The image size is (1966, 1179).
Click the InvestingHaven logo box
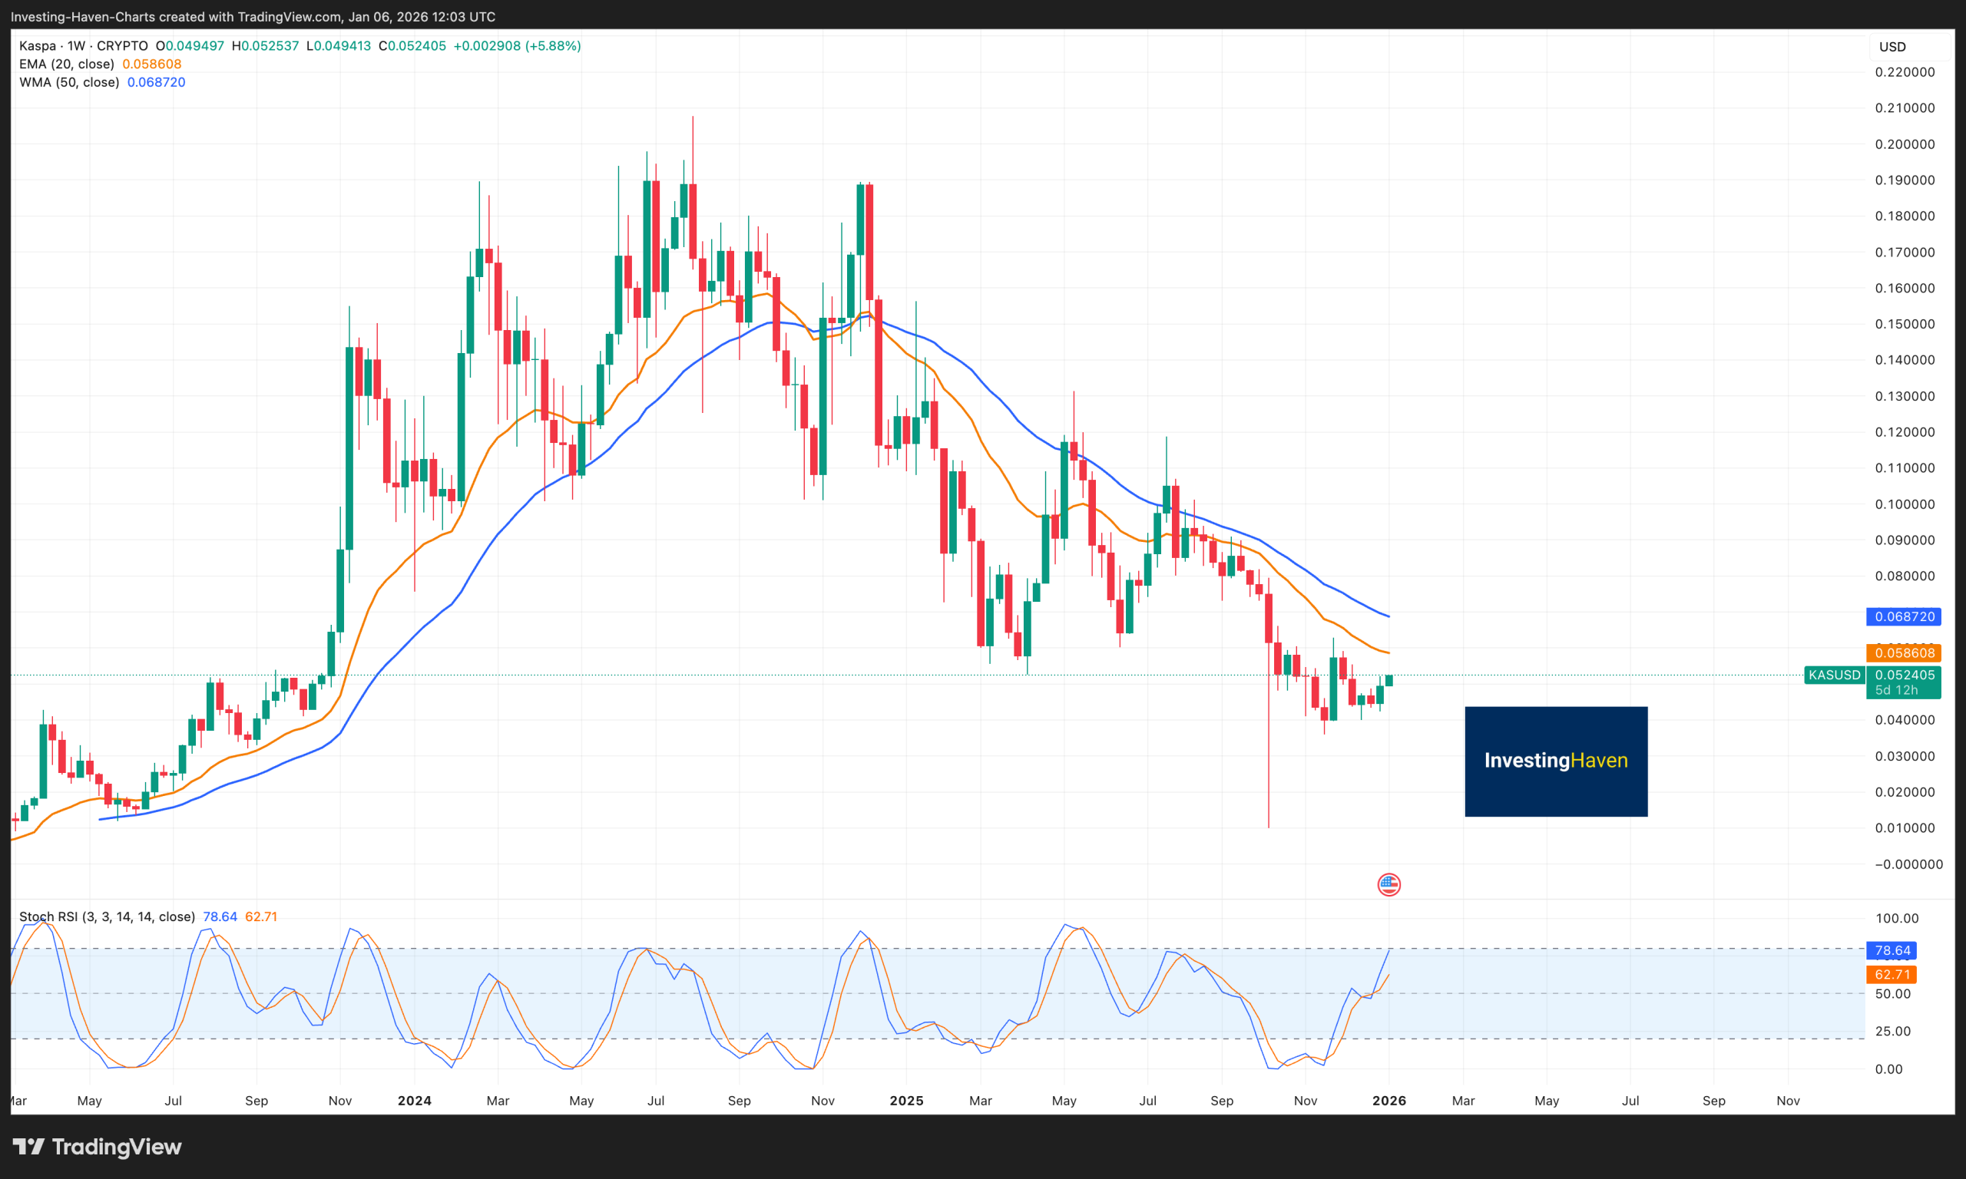tap(1555, 761)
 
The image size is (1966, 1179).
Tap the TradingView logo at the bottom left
tap(98, 1147)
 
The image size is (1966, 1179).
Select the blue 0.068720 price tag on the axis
tap(1903, 616)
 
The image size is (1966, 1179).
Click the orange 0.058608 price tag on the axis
tap(1903, 653)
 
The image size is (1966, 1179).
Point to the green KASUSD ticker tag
tap(1834, 675)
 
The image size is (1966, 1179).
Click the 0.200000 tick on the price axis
tap(1904, 144)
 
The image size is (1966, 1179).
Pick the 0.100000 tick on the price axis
tap(1904, 504)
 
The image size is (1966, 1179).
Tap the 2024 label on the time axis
tap(414, 1101)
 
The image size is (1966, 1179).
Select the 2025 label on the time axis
tap(906, 1101)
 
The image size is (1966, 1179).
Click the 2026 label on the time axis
tap(1388, 1101)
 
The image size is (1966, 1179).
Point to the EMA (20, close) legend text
tap(67, 64)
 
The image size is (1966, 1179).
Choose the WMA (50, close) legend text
tap(69, 83)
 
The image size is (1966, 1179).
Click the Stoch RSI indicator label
tap(107, 916)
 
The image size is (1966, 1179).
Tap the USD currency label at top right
tap(1892, 47)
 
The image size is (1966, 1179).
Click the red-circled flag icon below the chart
tap(1388, 884)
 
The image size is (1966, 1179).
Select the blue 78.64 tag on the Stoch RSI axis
tap(1892, 950)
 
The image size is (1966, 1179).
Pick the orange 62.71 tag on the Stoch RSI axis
tap(1892, 974)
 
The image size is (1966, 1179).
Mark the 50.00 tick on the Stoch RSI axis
tap(1892, 994)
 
